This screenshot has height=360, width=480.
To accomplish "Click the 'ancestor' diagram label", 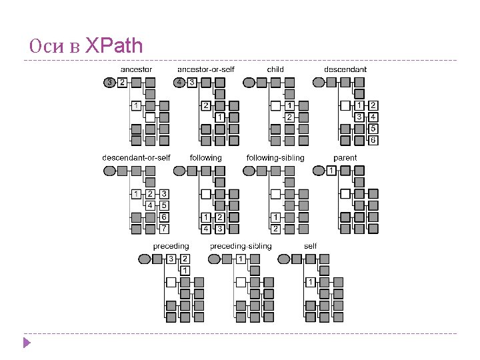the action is [x=136, y=69].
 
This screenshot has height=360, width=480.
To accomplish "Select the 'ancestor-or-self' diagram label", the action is [x=205, y=69].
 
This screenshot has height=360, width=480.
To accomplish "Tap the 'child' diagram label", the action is [x=275, y=69].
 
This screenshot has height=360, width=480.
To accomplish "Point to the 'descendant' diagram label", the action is [x=345, y=69].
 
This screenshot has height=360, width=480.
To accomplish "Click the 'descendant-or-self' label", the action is [x=136, y=158].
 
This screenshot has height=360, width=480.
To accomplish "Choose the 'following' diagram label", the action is [x=205, y=158].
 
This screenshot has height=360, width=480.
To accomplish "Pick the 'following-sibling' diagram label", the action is [x=275, y=158].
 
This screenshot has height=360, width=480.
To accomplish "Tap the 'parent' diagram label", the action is [x=345, y=158].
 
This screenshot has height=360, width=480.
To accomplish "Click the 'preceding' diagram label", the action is [x=171, y=247].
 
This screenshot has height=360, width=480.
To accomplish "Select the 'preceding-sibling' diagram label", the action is [x=241, y=247].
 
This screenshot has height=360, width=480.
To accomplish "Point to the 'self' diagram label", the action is [x=311, y=247].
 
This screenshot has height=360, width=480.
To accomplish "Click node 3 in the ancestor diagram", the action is [x=109, y=83].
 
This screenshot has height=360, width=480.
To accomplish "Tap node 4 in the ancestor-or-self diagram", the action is [x=179, y=83].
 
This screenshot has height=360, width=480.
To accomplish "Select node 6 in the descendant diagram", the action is [x=373, y=140].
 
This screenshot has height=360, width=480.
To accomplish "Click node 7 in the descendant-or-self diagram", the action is [x=164, y=229].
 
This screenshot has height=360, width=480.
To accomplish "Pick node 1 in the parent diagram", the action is [x=331, y=171].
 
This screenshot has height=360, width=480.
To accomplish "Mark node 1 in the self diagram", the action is [x=311, y=282].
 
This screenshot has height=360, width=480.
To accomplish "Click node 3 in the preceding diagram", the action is [x=171, y=259].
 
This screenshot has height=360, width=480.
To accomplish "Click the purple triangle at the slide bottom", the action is [x=27, y=343].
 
